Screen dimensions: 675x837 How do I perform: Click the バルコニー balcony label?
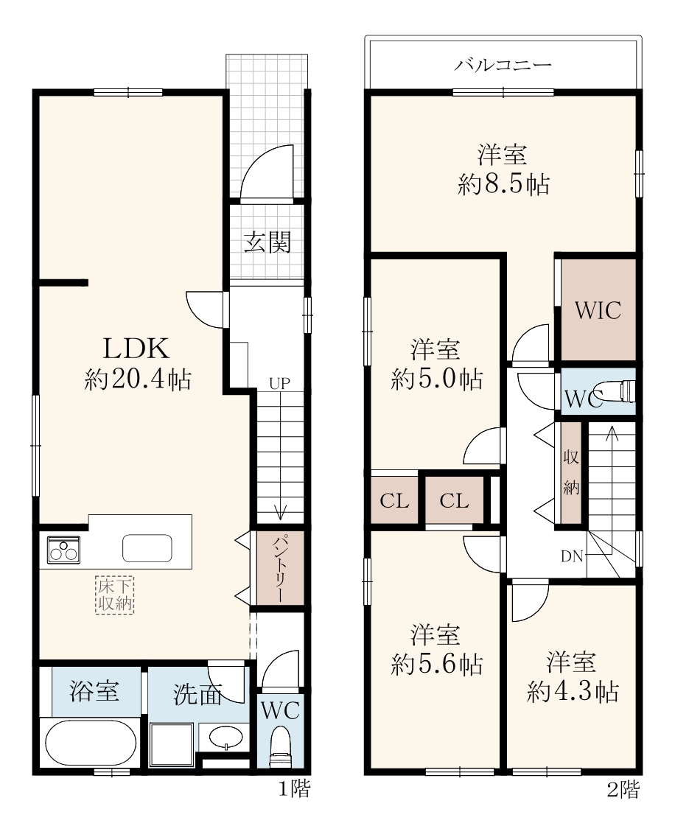coord(503,65)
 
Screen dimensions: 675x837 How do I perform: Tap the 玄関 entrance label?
coord(267,242)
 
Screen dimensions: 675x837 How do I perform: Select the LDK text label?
coord(136,349)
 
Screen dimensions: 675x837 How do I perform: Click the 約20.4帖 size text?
coord(138,379)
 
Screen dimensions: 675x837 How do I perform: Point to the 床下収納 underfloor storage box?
coord(115,595)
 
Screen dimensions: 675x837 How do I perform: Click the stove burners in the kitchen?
coord(63,550)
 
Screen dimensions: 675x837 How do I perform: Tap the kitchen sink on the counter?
coord(147,548)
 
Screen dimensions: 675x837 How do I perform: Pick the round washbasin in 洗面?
coord(226,738)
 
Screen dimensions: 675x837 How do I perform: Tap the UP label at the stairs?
coord(279,383)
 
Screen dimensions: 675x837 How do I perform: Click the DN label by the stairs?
coord(571,556)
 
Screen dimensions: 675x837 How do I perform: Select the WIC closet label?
coord(598,310)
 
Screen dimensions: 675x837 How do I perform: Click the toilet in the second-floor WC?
coord(620,391)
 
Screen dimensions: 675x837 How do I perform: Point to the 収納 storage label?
coord(571,472)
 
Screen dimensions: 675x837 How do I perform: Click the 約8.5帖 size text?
coord(503,185)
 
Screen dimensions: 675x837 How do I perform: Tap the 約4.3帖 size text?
coord(573,692)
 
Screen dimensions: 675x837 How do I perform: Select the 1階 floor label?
coord(294,789)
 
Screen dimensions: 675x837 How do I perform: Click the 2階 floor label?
coord(623,790)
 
